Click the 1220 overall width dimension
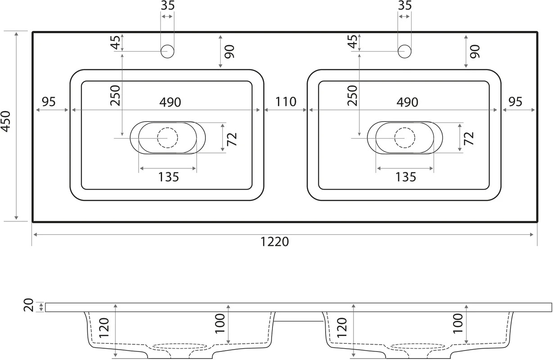(x=275, y=242)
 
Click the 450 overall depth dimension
(x=6, y=121)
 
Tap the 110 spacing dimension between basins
(x=286, y=102)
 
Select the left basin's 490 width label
(x=170, y=102)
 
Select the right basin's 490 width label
(x=408, y=102)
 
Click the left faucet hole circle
(x=168, y=51)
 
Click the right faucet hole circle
(x=404, y=51)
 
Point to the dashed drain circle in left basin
(x=168, y=138)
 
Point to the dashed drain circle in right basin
(x=405, y=138)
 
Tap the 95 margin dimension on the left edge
(x=49, y=102)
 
